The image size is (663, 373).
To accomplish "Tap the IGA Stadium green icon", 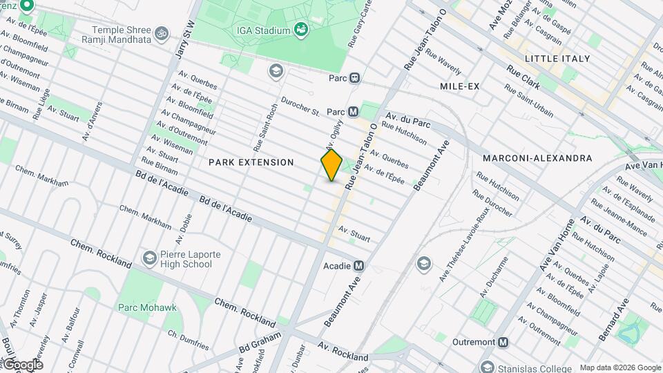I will pos(300,28).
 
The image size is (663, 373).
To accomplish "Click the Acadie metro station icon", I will pos(358,265).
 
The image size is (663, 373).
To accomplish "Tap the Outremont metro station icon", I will pos(503,342).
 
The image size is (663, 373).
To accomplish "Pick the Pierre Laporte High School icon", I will pos(148,258).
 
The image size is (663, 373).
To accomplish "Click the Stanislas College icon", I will pos(489,367).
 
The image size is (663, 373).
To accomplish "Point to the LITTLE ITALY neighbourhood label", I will pos(557,59).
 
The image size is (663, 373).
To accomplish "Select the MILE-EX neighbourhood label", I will pos(459,86).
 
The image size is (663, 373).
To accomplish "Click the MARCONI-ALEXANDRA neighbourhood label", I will pos(537,158).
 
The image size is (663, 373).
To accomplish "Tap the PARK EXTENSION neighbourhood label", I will pos(251,162).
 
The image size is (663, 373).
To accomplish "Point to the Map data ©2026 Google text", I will pos(619,367).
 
